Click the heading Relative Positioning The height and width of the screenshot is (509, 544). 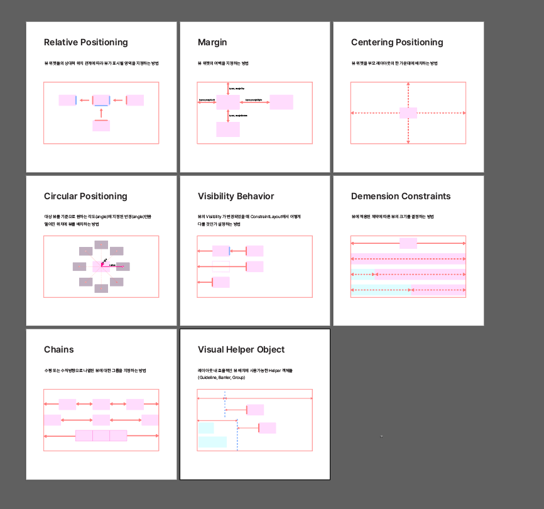click(85, 43)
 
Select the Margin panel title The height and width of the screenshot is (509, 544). click(212, 43)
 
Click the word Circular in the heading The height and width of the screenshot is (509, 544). click(62, 197)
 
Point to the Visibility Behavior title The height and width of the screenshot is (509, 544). click(236, 197)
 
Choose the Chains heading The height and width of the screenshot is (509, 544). click(59, 350)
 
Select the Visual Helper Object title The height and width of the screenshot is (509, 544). click(241, 350)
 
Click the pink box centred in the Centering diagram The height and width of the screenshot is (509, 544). click(408, 113)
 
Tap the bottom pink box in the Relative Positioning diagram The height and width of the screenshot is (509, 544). click(101, 126)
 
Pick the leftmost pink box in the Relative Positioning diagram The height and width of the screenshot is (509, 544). click(67, 100)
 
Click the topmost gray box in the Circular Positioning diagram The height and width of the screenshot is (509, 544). click(101, 244)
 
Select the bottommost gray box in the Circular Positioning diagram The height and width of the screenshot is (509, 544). click(101, 288)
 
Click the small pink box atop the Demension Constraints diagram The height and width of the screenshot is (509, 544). click(408, 243)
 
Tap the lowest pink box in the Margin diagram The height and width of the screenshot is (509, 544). click(228, 129)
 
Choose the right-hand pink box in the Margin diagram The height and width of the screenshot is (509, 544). click(281, 102)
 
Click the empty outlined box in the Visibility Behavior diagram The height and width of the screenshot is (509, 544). click(221, 267)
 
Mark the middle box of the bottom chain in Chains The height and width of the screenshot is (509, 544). click(101, 435)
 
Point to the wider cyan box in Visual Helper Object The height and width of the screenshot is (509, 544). click(212, 442)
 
